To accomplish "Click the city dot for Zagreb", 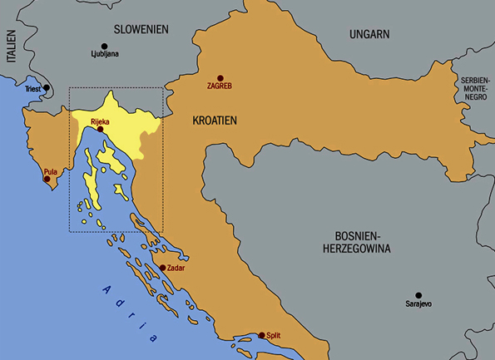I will click(x=220, y=76).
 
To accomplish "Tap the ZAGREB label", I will click(x=220, y=86).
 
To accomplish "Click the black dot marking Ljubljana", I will click(x=105, y=46).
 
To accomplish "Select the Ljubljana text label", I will click(x=105, y=56).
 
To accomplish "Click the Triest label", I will click(x=32, y=88).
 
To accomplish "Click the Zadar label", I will click(x=176, y=269).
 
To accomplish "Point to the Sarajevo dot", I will click(x=418, y=295).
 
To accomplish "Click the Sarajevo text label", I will click(x=418, y=305).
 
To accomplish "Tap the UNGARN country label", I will click(x=370, y=34).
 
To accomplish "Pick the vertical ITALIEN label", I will click(x=10, y=47).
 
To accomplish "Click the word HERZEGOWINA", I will click(x=360, y=249).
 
